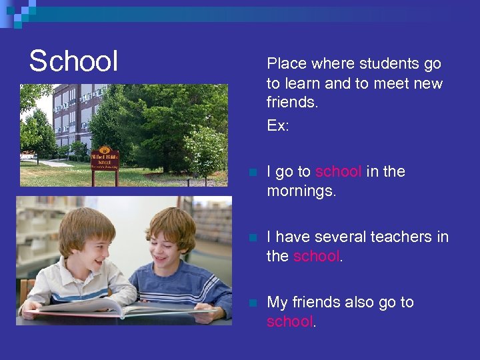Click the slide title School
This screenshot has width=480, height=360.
(73, 61)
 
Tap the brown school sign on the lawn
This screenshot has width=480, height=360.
(104, 159)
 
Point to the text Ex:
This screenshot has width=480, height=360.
(278, 125)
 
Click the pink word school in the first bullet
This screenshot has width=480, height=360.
(339, 172)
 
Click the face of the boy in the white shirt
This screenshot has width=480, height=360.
(86, 243)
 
